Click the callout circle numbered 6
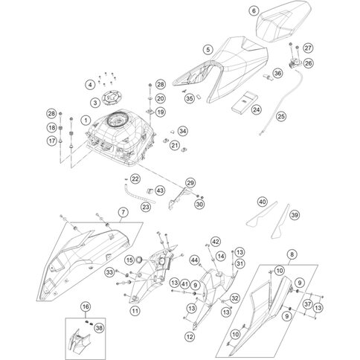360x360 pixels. tap(254, 11)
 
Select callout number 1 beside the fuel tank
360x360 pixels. tap(86, 120)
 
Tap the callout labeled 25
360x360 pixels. tap(281, 116)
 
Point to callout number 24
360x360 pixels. tap(257, 109)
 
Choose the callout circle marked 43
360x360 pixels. tap(160, 190)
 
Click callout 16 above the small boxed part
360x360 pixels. tap(86, 306)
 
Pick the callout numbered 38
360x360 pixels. tap(99, 328)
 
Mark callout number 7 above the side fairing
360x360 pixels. tap(123, 212)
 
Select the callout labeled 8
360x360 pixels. tap(292, 254)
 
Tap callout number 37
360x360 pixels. tap(308, 304)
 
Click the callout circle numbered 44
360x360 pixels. tap(195, 260)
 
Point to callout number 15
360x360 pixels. tap(129, 260)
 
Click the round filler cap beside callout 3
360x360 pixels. tap(110, 97)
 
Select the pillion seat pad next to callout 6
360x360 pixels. tap(283, 22)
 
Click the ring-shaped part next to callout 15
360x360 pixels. tap(140, 260)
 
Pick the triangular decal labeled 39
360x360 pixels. tap(280, 222)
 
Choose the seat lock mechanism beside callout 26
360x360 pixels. tap(295, 62)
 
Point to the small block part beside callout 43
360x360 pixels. tap(150, 190)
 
